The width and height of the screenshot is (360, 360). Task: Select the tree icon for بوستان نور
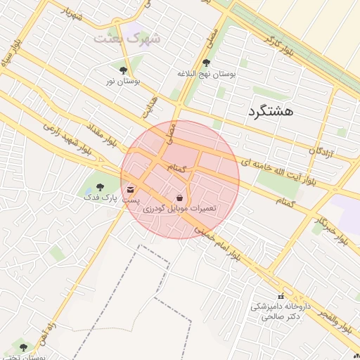(124, 70)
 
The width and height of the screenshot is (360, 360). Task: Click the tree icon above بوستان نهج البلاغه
(205, 63)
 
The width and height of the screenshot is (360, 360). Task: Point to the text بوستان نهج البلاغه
(206, 74)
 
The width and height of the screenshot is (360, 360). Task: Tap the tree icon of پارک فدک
(99, 187)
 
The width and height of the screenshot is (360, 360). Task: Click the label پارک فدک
(98, 198)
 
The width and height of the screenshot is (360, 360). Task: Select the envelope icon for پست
(131, 189)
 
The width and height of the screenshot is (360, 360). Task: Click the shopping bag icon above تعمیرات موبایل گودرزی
(179, 198)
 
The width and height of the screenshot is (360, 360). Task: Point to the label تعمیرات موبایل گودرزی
(179, 209)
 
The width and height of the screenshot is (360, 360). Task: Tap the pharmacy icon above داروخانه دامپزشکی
(281, 296)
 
